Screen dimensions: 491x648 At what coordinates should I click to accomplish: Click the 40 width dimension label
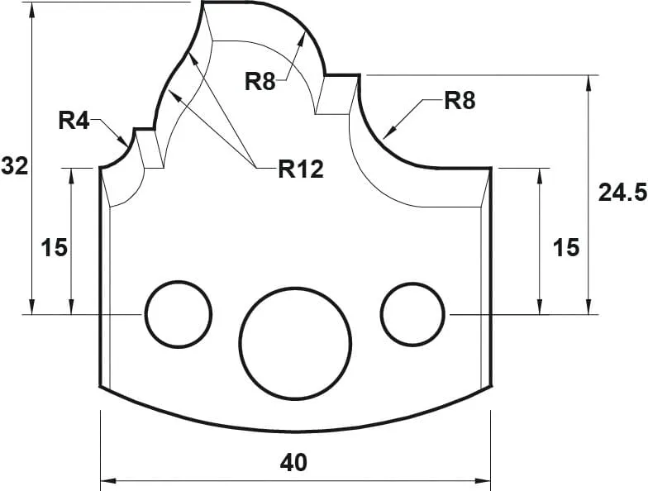tap(293, 462)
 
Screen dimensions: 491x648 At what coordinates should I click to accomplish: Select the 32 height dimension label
tap(14, 165)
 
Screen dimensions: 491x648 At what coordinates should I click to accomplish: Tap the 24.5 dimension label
tap(622, 193)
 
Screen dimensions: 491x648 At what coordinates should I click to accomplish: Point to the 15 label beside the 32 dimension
tap(55, 247)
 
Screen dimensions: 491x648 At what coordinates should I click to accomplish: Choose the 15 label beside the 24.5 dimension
tap(566, 247)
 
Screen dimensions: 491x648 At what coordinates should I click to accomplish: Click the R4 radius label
tap(74, 121)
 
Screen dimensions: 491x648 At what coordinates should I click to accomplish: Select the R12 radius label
tap(300, 169)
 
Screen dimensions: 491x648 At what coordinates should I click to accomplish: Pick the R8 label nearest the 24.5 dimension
tap(460, 102)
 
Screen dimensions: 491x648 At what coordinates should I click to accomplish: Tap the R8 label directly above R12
tap(261, 81)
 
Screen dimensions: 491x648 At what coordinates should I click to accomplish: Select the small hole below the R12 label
tap(179, 314)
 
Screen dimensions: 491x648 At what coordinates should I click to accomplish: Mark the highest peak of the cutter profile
tap(203, 3)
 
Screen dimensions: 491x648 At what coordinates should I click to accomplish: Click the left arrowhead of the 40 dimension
tap(105, 480)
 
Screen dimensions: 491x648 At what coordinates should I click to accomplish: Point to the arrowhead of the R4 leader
tap(126, 144)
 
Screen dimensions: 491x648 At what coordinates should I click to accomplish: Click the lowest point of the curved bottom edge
tap(295, 431)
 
